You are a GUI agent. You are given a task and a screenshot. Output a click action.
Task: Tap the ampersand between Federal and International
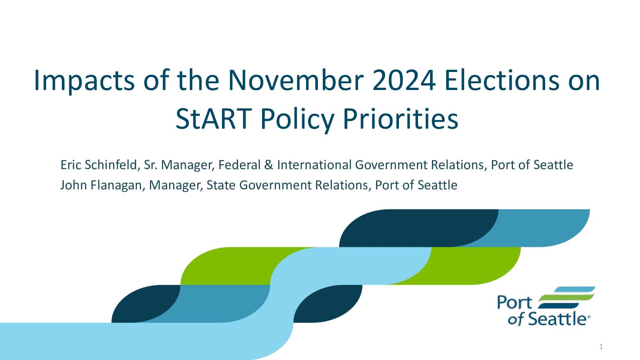point(268,165)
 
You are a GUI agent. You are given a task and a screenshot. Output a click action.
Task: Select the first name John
point(73,185)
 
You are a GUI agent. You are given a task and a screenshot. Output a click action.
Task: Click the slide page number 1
point(601,347)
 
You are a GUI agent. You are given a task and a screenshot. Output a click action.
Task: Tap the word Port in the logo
point(514,303)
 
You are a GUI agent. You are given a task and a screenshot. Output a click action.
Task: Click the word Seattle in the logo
point(557,319)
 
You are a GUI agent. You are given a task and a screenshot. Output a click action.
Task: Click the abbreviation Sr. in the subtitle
point(151,165)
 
